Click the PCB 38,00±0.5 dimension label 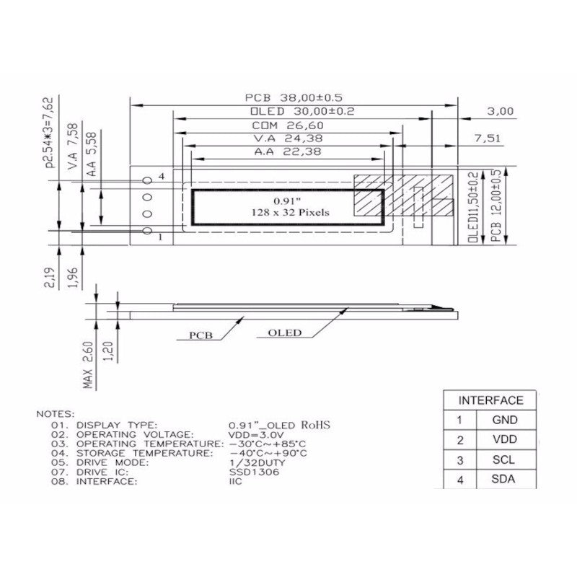pos(294,98)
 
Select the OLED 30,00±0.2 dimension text pos(302,112)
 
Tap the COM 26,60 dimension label pos(288,125)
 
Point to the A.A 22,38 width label pos(288,151)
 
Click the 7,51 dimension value pos(488,138)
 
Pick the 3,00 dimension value pos(500,111)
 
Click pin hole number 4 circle pos(147,180)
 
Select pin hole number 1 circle pos(147,231)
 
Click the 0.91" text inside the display pos(287,201)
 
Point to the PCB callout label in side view pos(201,335)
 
